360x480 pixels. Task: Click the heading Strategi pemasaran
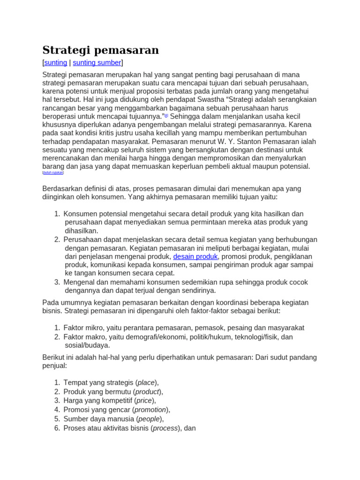tap(100, 50)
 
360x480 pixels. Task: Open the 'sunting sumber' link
tap(97, 63)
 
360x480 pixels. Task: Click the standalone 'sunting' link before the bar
tap(56, 63)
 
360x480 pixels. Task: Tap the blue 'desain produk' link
tap(195, 256)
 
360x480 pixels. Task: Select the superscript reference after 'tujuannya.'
tap(166, 115)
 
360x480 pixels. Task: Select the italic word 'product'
tap(147, 392)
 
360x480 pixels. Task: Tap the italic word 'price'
tap(144, 401)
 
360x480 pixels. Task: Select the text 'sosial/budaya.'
tap(87, 345)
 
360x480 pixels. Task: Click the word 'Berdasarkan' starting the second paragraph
tap(62, 188)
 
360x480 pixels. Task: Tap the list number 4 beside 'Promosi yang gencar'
tap(57, 410)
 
